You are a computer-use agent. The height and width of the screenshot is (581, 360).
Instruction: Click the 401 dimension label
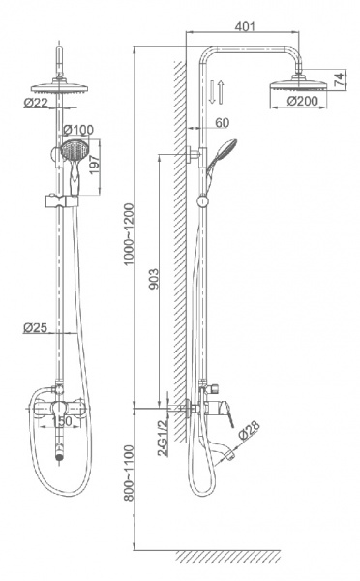245,26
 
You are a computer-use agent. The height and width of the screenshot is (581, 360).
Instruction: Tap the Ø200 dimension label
302,101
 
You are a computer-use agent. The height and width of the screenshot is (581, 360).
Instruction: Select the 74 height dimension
339,80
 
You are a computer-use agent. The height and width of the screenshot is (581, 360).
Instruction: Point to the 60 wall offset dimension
222,123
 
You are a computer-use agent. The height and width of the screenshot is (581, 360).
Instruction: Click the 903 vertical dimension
153,280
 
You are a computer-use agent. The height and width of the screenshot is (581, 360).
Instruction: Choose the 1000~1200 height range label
129,234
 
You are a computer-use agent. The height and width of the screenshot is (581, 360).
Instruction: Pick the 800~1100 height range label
129,473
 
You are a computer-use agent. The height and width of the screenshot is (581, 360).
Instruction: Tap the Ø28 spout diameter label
249,430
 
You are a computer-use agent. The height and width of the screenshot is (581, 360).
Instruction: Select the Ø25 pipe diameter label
35,327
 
